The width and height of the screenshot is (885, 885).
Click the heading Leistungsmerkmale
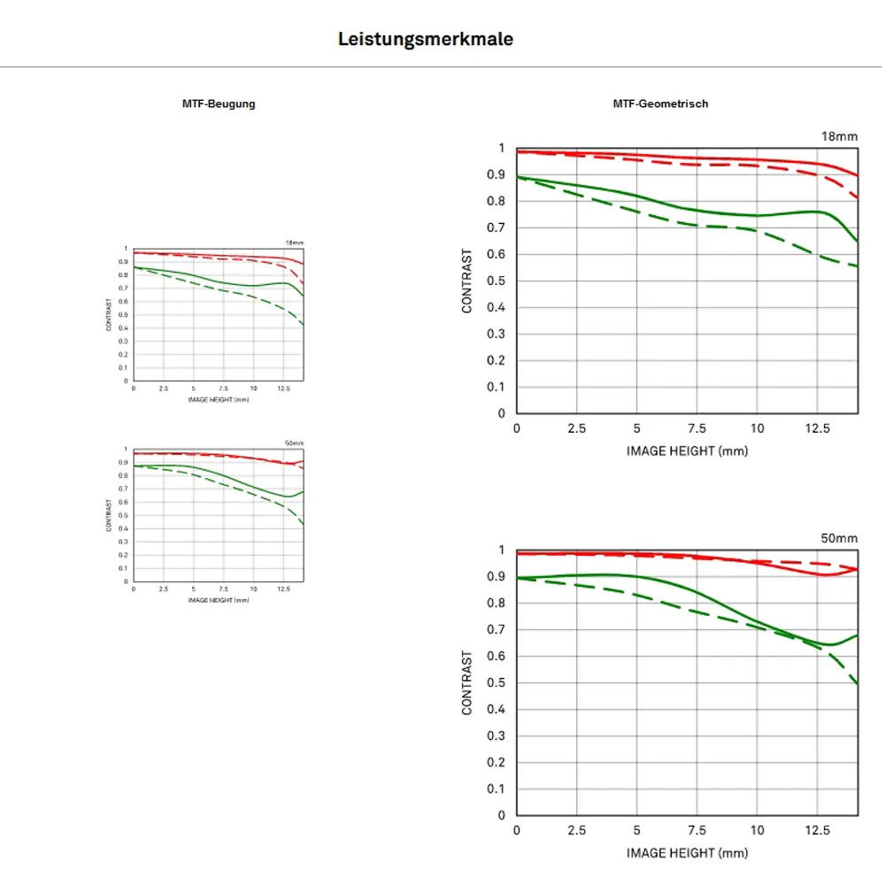point(426,40)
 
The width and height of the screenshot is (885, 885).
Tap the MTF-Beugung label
point(219,104)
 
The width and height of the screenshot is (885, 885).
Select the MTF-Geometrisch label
point(660,104)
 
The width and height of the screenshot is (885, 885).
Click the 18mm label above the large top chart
point(840,135)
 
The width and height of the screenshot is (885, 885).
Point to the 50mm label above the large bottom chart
point(840,537)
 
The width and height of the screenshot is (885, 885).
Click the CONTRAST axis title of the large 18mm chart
point(467,281)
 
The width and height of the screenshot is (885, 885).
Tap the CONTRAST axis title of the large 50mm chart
point(467,682)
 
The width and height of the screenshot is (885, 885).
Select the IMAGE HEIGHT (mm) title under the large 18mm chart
point(687,450)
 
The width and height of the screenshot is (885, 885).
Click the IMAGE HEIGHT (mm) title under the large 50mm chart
point(687,853)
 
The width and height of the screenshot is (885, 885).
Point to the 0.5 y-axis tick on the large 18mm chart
point(501,281)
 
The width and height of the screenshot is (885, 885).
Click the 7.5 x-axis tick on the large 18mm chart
point(696,429)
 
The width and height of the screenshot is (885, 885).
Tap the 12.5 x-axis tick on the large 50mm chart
point(818,831)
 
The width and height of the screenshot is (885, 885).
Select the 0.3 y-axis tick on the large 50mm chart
point(501,736)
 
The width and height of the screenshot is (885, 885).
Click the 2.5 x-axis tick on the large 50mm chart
point(576,831)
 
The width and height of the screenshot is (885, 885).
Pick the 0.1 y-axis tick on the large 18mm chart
point(501,387)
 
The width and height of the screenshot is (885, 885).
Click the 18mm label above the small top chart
point(294,242)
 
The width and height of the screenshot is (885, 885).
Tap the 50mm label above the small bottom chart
point(294,442)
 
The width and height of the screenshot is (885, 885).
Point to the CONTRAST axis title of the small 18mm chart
point(109,315)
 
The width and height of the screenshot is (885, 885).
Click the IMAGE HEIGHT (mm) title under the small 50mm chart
point(219,600)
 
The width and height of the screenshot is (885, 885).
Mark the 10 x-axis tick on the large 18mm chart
point(758,429)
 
